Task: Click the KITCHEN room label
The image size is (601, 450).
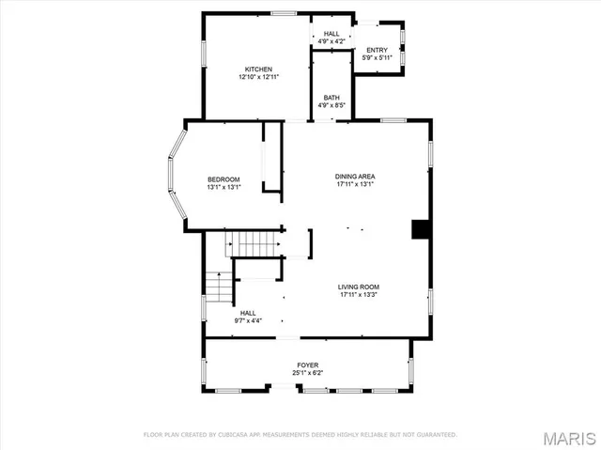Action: coord(259,70)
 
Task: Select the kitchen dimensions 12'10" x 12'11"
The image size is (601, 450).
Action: coord(259,77)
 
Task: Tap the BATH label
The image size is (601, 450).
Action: coord(331,98)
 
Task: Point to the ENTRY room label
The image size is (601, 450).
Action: coord(377,50)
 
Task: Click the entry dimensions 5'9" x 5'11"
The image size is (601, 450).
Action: coord(377,57)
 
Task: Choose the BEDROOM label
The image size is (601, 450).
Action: coord(223,179)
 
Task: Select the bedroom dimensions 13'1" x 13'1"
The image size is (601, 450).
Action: coord(223,187)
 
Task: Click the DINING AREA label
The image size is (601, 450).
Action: coord(355,177)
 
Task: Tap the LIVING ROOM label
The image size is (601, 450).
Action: coord(359,287)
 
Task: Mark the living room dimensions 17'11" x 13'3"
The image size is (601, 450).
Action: coord(359,294)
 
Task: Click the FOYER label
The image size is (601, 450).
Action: coord(308,365)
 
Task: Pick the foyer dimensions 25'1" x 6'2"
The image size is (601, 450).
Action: coord(308,373)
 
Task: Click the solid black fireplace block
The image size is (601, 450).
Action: coord(421,230)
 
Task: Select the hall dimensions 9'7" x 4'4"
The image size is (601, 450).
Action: coord(248,320)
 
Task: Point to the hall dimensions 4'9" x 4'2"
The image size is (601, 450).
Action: coord(331,41)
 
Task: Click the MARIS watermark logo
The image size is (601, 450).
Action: coord(567,437)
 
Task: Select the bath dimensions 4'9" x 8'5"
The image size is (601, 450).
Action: coord(331,105)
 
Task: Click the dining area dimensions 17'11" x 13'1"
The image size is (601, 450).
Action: coord(355,184)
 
